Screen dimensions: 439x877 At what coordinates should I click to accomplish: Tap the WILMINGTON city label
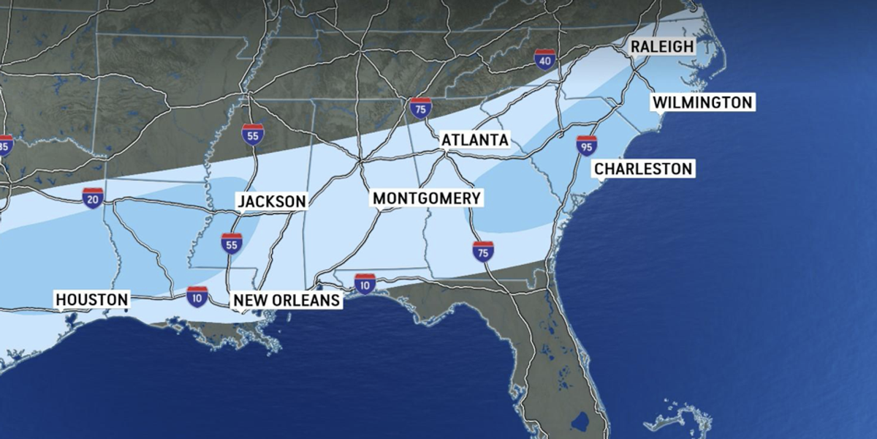point(702,102)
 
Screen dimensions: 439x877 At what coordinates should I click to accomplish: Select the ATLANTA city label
point(475,140)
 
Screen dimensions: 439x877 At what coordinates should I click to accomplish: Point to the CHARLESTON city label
point(643,170)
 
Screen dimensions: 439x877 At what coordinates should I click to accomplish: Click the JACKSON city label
point(270,200)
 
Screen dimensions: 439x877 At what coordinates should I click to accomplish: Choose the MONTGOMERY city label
point(427,198)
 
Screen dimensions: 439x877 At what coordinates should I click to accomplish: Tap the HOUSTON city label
point(93,299)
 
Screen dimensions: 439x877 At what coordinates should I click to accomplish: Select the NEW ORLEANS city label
point(286,300)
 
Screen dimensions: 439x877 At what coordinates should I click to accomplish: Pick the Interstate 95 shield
point(586,146)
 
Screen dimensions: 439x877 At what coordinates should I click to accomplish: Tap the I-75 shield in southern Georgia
point(482,252)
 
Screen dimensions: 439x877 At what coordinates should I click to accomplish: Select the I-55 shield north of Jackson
point(252,135)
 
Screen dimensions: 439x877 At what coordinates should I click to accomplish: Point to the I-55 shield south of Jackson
point(232,244)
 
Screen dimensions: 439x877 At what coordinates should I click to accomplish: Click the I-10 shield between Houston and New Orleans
point(197,296)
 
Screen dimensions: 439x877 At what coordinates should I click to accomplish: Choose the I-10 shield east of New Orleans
point(364,283)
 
